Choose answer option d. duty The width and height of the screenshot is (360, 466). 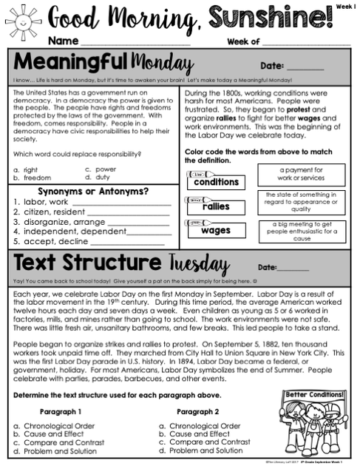click(96, 178)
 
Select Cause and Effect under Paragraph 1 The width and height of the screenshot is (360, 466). click(51, 434)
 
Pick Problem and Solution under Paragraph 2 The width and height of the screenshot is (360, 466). click(200, 450)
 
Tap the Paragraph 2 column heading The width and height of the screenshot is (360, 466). click(197, 411)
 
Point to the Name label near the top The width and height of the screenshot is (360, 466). click(61, 41)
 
